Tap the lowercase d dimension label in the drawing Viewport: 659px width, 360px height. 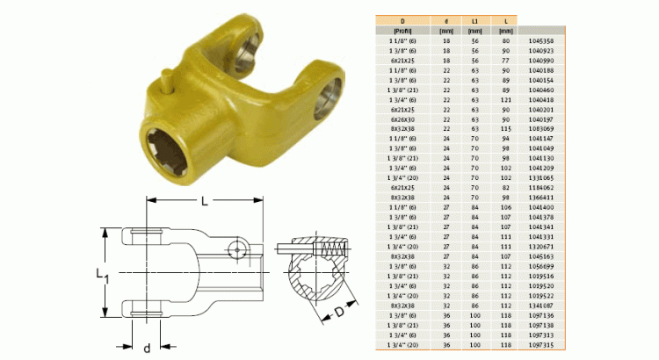[146, 348]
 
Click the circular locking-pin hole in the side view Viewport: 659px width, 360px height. [236, 250]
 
